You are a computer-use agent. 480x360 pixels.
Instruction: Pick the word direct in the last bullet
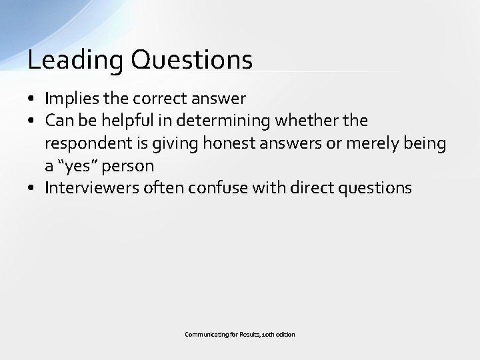click(312, 188)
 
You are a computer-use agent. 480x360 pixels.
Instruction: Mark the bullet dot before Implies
click(31, 100)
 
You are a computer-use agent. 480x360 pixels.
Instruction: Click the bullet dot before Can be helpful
click(31, 121)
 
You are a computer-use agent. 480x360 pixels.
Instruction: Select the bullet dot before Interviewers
click(31, 189)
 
